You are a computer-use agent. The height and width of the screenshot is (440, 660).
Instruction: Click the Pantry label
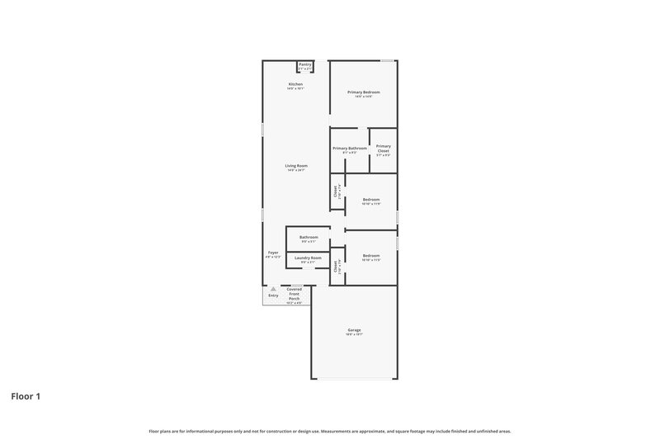point(305,64)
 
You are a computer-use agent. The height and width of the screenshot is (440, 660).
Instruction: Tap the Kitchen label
point(295,84)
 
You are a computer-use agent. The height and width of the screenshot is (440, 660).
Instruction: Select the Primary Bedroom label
point(363,92)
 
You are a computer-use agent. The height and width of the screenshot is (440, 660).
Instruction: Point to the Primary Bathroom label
point(350,148)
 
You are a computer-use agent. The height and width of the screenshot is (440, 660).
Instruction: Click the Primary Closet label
point(384,148)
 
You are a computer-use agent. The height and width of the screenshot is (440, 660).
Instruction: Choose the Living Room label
point(296,166)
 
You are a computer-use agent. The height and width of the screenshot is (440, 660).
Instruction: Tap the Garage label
point(354,330)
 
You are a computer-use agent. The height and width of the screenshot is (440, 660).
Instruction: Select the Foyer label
point(273,253)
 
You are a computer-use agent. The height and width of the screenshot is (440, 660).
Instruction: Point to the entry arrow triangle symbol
point(272,289)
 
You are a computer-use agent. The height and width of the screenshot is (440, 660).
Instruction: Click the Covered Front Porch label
point(295,293)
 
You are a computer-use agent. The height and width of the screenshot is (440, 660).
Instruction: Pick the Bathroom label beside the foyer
point(309,237)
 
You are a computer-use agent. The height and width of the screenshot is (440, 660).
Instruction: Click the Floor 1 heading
point(26,396)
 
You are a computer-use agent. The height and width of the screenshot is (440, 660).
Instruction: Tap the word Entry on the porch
point(273,296)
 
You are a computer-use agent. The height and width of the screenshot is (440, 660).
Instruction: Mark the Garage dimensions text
point(354,335)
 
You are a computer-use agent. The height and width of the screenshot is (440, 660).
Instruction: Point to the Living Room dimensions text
point(296,170)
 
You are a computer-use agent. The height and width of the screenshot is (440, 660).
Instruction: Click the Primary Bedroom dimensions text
point(363,97)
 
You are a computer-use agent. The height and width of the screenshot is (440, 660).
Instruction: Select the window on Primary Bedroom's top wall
point(387,59)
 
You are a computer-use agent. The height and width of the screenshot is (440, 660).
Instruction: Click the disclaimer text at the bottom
point(329,431)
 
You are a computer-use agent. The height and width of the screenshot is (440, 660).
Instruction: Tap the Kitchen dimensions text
point(295,88)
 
